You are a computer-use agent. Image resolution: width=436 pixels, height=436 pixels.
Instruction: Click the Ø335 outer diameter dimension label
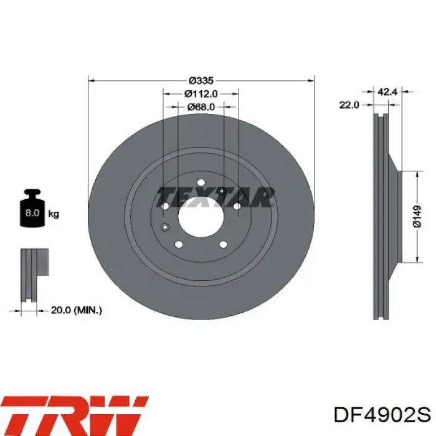201,80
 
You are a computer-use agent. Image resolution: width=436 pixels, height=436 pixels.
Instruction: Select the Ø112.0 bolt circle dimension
201,93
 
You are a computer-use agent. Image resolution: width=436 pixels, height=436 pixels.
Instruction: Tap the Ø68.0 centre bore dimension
201,107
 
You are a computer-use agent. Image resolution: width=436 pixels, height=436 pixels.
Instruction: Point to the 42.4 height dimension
387,92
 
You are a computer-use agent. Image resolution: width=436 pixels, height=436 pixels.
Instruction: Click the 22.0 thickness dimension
349,105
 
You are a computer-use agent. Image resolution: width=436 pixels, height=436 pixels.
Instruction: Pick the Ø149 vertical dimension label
417,217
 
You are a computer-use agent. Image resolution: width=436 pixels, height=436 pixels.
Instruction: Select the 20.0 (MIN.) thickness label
76,310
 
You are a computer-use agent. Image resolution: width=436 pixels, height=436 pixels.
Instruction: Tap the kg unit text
54,214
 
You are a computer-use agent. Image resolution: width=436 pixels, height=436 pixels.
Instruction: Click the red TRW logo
75,414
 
